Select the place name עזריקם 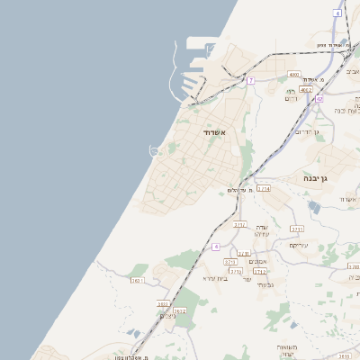tap(299, 245)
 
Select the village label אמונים tap(257, 261)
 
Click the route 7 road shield tap(251, 81)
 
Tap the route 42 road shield tap(319, 99)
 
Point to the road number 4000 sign tap(293, 75)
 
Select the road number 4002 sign tap(306, 90)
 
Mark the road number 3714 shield tap(263, 189)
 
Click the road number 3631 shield tap(138, 281)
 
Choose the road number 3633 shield tap(164, 304)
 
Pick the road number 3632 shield tap(179, 311)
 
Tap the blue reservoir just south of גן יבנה tap(313, 206)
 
